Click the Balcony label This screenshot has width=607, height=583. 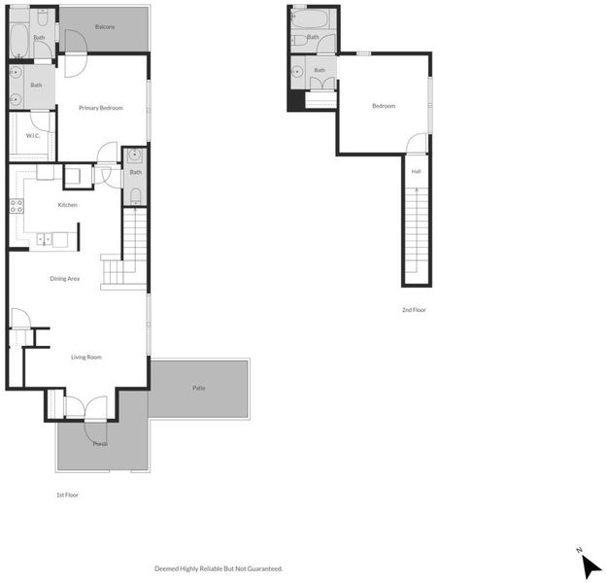105,27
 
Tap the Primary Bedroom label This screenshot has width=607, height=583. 101,108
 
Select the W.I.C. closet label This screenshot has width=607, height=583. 32,136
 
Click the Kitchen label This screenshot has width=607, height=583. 67,204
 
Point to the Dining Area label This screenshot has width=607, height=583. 65,279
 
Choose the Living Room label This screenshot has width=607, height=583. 86,358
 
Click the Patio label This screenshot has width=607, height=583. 199,388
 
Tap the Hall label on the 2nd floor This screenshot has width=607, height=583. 416,171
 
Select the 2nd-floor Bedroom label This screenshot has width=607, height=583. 384,106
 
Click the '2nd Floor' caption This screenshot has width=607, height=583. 414,310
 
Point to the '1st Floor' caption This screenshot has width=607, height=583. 67,495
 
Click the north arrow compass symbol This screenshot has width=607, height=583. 590,565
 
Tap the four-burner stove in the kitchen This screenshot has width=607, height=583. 17,206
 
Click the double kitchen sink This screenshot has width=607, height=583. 44,239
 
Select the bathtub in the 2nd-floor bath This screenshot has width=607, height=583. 310,18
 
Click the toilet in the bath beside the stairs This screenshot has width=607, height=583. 135,195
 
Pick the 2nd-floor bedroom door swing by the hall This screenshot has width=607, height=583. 417,143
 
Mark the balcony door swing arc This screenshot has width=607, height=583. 76,41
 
